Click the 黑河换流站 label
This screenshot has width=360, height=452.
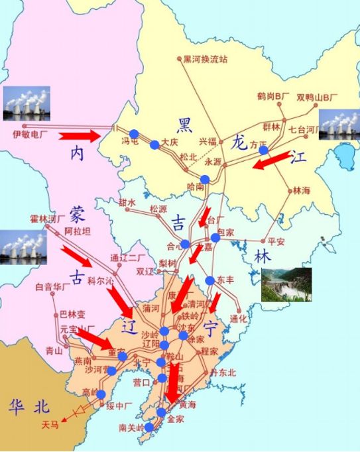[x=206, y=59]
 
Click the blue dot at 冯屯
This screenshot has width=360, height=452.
[x=134, y=133]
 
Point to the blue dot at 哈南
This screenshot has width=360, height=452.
[x=205, y=179]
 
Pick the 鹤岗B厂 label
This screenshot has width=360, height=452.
[x=273, y=97]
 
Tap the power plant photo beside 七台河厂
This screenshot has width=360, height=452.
[x=339, y=124]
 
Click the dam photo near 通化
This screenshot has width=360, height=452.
[x=286, y=284]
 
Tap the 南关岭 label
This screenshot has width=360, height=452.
[x=131, y=427]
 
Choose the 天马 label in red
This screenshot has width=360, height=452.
[x=50, y=425]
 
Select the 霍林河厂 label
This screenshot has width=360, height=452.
[x=48, y=217]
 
